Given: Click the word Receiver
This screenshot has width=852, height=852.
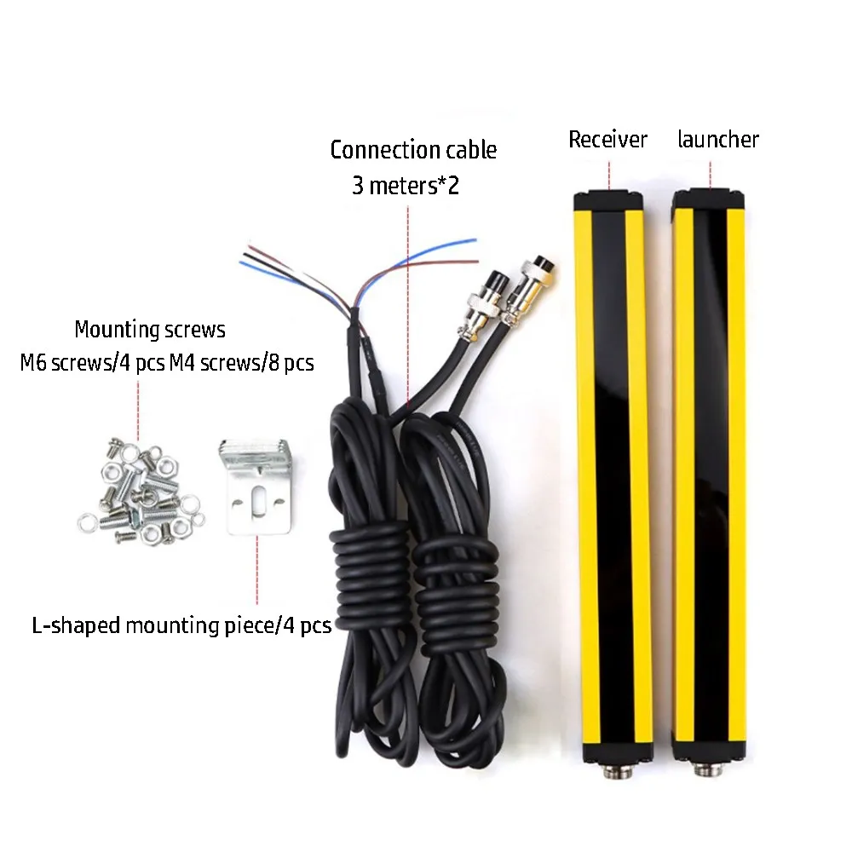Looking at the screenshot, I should pyautogui.click(x=607, y=140).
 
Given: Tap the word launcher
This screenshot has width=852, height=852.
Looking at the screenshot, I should pyautogui.click(x=717, y=139).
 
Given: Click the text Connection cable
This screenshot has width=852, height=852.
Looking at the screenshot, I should pyautogui.click(x=413, y=151).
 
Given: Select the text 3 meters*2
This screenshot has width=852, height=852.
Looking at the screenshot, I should pyautogui.click(x=406, y=186).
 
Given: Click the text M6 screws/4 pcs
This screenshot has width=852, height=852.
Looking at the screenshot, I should pyautogui.click(x=92, y=364).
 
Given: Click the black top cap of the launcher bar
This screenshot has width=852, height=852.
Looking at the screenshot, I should pyautogui.click(x=708, y=201).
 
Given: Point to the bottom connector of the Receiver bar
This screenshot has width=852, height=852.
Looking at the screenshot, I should pyautogui.click(x=614, y=772).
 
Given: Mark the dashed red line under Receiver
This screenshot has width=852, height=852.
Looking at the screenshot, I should pyautogui.click(x=609, y=171).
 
